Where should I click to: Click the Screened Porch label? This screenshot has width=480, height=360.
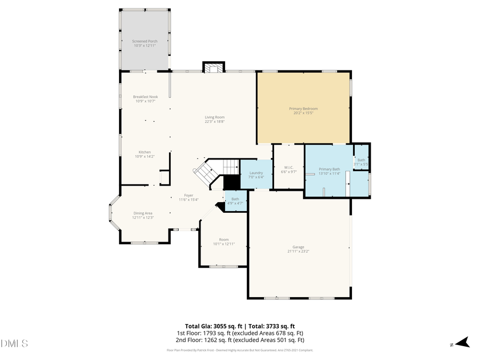145,41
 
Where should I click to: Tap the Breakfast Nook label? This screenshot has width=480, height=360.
145,97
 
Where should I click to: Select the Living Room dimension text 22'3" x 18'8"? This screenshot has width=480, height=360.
215,122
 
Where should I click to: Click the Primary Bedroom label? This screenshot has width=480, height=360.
303,109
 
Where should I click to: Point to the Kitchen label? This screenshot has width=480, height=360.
145,152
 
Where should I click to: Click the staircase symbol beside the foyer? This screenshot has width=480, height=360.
205,172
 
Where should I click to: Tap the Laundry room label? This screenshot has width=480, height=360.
256,173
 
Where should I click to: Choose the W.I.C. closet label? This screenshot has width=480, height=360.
288,167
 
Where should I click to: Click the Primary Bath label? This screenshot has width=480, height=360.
329,169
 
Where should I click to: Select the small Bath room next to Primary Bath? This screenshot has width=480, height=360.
362,160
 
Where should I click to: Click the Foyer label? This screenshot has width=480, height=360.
189,195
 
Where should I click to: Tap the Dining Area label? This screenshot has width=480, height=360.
143,213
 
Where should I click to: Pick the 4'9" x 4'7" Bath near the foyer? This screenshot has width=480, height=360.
235,201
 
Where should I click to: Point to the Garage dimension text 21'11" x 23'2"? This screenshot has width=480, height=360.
298,251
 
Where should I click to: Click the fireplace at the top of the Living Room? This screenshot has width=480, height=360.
213,68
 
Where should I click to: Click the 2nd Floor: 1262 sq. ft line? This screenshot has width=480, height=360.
240,340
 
